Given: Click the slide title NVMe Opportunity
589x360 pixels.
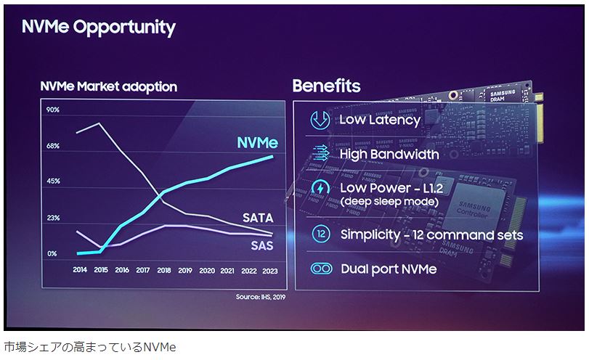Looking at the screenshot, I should coord(99,28).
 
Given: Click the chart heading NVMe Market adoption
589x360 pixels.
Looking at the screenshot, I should coord(108,87).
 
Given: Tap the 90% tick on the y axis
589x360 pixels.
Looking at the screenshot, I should coord(53,110).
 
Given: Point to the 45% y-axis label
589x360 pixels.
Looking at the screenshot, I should coord(53,181).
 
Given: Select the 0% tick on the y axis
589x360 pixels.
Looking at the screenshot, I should coord(52,254).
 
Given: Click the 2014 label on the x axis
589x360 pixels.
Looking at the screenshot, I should coord(80,270).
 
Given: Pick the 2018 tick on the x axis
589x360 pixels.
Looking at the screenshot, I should coord(164,270).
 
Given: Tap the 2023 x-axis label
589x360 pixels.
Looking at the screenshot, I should coord(269,270).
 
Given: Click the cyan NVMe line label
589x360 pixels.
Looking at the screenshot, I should coord(257,142).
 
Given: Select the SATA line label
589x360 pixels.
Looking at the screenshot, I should coord(259,218).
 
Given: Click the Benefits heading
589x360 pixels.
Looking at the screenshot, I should coord(326,86).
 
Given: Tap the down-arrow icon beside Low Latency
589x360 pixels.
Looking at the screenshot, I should coord(320,120).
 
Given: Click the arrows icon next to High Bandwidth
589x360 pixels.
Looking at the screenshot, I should coord(320,154).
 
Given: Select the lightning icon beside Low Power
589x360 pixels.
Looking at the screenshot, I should coord(320,189).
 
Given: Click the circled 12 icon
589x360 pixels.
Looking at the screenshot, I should coord(320,234).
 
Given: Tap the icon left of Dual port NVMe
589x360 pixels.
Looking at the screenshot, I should coord(320,269).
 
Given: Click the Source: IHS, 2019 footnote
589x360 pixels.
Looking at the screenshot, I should coord(261,297).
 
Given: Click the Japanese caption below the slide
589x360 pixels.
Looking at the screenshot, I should coord(90,346).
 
